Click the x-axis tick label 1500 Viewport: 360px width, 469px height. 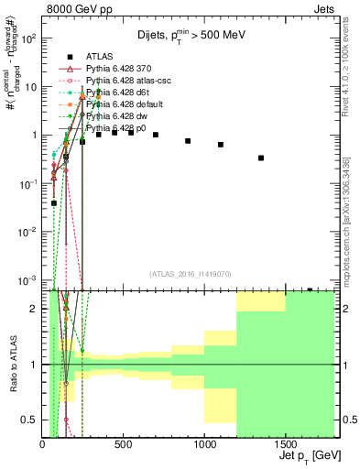[x=285, y=443]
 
